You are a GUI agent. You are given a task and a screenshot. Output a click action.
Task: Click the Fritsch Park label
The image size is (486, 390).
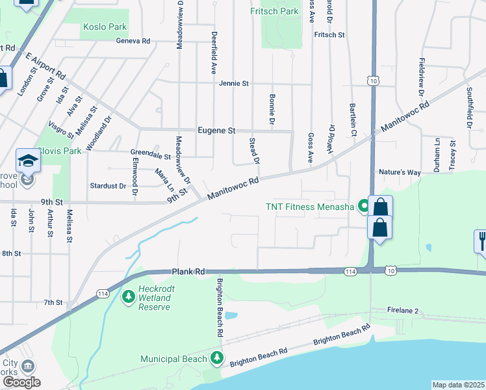coord(274,11)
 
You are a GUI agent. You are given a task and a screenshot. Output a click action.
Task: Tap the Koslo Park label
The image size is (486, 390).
coord(105,27)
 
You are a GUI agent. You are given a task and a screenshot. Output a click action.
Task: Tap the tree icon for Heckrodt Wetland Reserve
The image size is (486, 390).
coord(129,296)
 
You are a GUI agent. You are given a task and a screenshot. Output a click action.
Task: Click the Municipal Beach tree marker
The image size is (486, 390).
coord(216,358)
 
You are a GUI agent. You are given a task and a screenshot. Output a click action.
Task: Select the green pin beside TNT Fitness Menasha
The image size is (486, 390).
coord(364,207)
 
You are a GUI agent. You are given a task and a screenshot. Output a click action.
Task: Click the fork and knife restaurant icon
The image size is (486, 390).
coord(481,241)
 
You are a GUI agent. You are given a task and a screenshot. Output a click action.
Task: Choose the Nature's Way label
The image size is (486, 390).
coord(400,172)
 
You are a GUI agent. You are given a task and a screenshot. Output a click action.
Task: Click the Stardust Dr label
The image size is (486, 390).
coord(108,186)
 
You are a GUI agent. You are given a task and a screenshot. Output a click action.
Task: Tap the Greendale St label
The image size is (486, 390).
coord(150,157)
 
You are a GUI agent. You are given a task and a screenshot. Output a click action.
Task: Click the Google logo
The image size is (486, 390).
coord(21,382)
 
